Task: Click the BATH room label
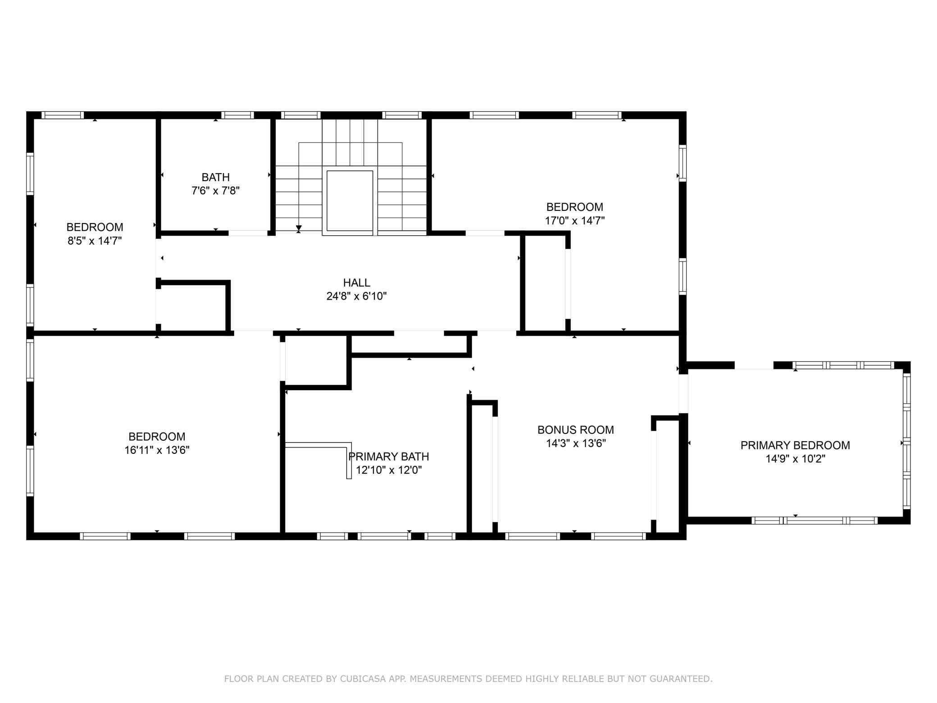(x=215, y=177)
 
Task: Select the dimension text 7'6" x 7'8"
(x=215, y=191)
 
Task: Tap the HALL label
(x=356, y=283)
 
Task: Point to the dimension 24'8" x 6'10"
(x=356, y=296)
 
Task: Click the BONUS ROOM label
(x=575, y=429)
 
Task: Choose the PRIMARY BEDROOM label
(x=795, y=445)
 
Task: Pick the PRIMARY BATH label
(x=388, y=456)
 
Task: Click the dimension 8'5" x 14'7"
(x=95, y=241)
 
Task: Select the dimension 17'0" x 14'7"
(x=574, y=220)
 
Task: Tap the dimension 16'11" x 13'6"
(x=157, y=450)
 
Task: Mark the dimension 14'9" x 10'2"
(x=795, y=459)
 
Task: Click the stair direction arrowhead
(x=299, y=228)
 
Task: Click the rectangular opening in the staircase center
(x=350, y=201)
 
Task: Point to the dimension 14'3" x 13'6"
(x=575, y=443)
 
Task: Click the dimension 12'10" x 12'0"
(x=388, y=470)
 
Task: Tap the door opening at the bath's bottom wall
(x=248, y=233)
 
